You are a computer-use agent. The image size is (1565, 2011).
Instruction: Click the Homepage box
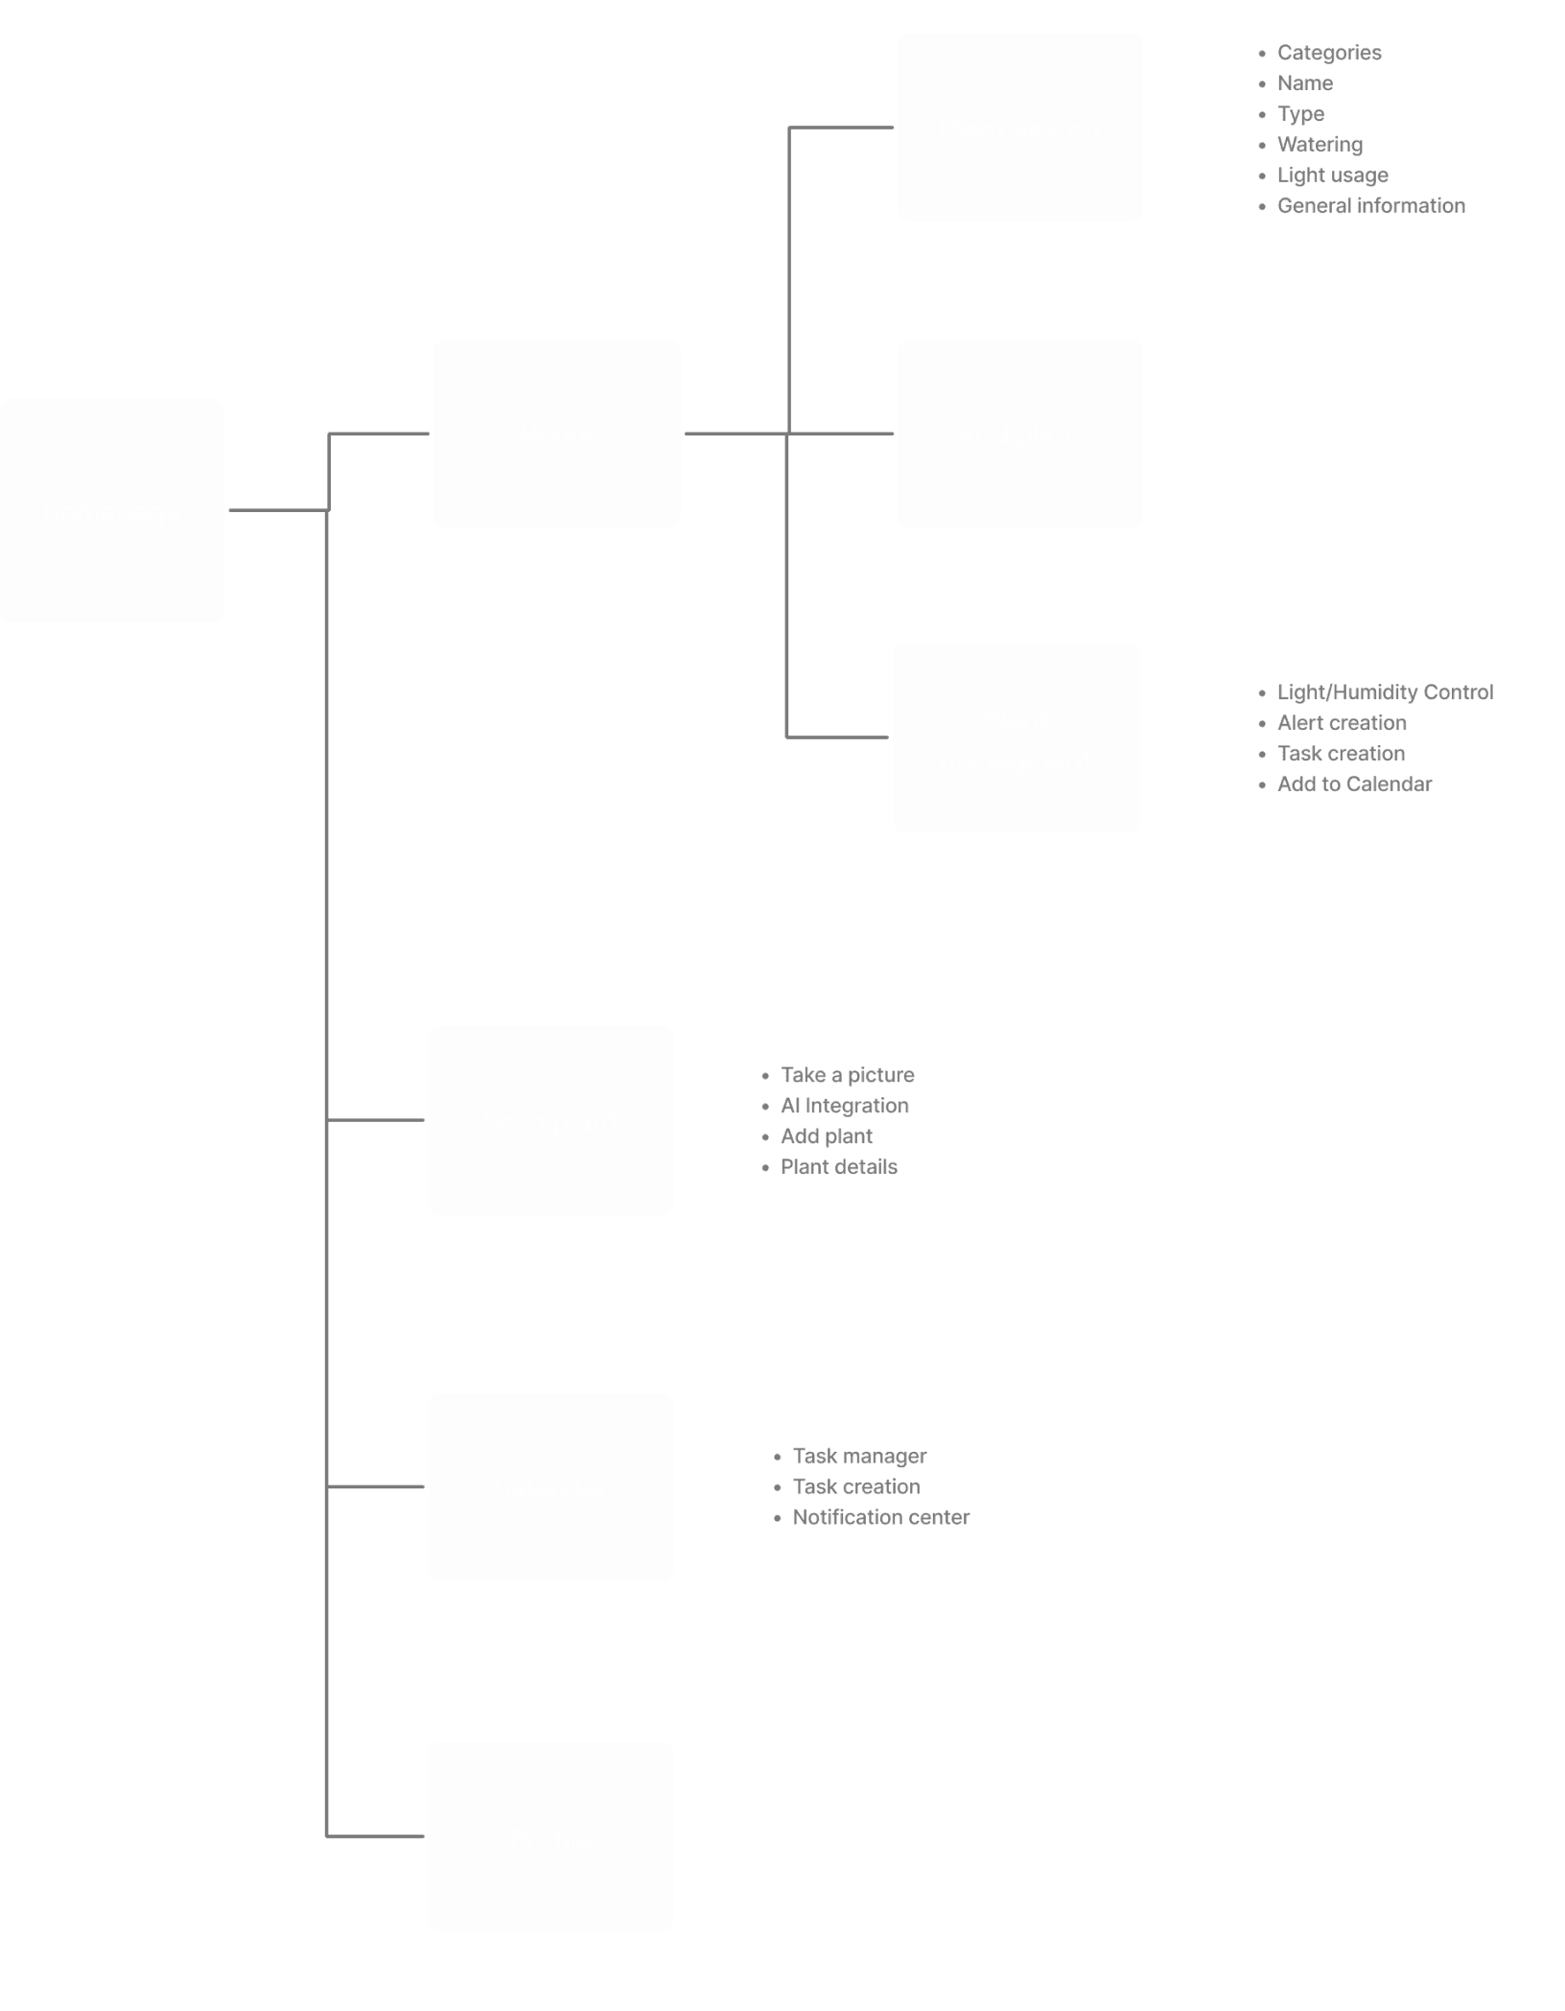[112, 510]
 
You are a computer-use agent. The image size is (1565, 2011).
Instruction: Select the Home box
[557, 433]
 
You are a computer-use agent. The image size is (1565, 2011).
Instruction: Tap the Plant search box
[1020, 128]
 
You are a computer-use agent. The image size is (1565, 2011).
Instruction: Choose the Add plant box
[1020, 433]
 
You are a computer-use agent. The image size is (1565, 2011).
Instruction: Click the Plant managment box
[1016, 737]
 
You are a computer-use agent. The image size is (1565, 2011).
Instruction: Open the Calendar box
[551, 1486]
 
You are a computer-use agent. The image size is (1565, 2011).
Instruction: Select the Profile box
[551, 1836]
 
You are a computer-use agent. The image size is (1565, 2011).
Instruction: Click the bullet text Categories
[1329, 53]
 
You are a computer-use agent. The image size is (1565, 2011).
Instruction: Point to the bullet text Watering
[1320, 145]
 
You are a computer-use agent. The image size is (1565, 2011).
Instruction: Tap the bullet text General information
[1371, 206]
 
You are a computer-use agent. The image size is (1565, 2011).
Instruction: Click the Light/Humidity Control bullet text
[1385, 692]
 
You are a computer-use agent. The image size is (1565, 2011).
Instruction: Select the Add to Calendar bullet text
[1354, 784]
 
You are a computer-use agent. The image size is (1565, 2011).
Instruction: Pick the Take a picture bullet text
[848, 1075]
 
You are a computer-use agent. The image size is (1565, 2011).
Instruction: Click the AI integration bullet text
[845, 1106]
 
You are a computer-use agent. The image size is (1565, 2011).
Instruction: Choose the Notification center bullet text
[880, 1517]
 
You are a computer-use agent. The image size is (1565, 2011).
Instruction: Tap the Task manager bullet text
[860, 1456]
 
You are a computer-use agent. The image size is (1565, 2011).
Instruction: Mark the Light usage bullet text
[1332, 175]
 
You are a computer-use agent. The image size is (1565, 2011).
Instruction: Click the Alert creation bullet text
[1342, 723]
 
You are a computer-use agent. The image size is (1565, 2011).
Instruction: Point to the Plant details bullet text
[839, 1167]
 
